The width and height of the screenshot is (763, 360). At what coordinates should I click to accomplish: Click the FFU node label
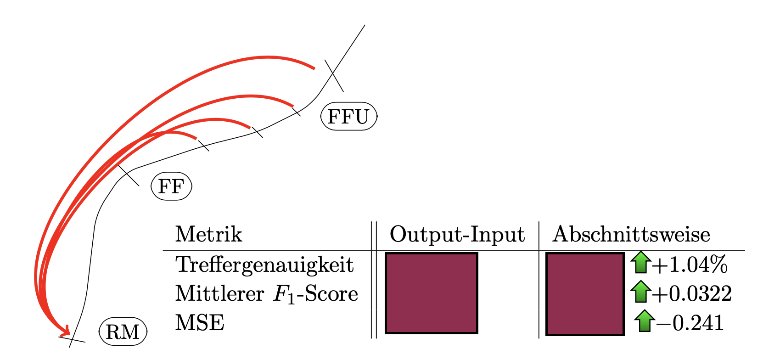(349, 116)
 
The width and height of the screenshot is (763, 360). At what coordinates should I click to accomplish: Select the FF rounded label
(171, 186)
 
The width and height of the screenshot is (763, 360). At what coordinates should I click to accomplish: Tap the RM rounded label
(123, 332)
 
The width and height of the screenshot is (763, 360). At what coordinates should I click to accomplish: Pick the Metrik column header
(208, 234)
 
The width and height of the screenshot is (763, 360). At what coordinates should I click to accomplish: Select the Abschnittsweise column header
(631, 234)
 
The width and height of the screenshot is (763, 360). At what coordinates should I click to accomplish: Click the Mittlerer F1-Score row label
(266, 294)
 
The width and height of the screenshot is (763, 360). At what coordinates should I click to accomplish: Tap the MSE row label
(200, 322)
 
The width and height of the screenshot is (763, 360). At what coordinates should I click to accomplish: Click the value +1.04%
(690, 264)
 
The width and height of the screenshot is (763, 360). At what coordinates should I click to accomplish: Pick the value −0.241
(690, 322)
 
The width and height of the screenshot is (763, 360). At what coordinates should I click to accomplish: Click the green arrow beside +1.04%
(641, 262)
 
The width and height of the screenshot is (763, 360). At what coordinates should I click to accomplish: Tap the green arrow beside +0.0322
(641, 292)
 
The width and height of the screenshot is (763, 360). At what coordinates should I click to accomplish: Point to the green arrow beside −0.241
(645, 321)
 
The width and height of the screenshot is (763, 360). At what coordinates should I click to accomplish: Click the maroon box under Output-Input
(432, 293)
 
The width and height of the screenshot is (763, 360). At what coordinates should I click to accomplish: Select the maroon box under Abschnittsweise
(585, 294)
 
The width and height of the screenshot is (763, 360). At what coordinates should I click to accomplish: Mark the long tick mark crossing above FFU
(334, 76)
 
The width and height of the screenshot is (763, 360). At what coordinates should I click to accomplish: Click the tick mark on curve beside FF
(129, 176)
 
